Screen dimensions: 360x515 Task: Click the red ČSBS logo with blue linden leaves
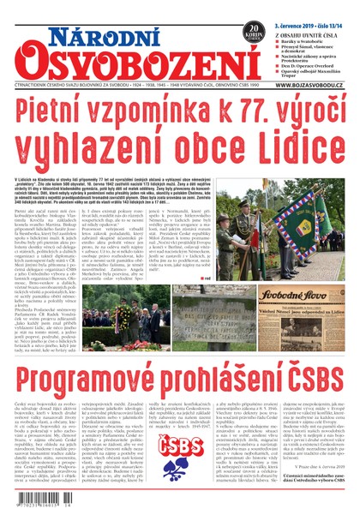point(180,453)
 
